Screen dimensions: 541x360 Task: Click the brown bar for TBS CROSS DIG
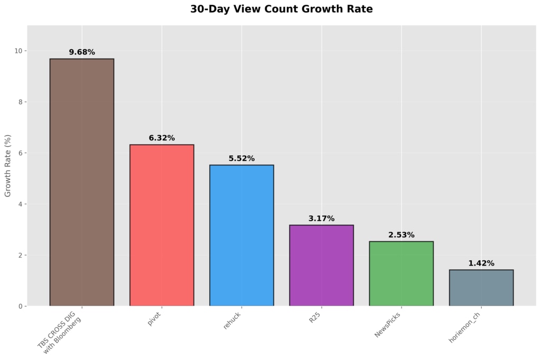(x=82, y=182)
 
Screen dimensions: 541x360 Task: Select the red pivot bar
(x=162, y=225)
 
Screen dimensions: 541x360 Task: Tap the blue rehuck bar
(x=241, y=235)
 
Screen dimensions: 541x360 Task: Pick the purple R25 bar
(x=322, y=266)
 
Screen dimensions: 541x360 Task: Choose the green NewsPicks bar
(x=402, y=274)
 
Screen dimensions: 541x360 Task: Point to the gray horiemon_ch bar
(x=481, y=288)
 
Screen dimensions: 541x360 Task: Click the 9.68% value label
(x=82, y=52)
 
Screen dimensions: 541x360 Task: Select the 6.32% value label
(x=162, y=138)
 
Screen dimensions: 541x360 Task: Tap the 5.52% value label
(x=241, y=158)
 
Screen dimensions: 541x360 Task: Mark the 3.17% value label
(x=322, y=219)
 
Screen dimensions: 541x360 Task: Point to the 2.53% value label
(x=402, y=235)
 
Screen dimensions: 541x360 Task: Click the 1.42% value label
(x=481, y=263)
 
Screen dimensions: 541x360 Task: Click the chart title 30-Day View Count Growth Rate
(x=282, y=9)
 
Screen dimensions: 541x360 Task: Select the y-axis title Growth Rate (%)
(x=7, y=166)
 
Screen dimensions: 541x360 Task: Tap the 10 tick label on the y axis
(x=18, y=51)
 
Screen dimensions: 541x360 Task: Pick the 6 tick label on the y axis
(x=21, y=153)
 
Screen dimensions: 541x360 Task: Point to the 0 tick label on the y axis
(x=21, y=306)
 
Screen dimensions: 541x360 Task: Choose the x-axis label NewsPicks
(x=387, y=325)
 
